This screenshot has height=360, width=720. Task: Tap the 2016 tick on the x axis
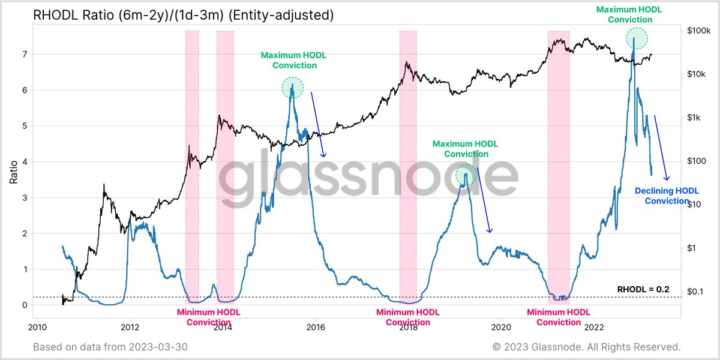click(x=316, y=327)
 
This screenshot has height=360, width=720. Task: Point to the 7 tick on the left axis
click(x=25, y=55)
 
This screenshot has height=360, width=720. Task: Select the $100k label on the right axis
click(x=698, y=31)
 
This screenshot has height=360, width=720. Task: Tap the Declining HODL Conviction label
click(x=667, y=196)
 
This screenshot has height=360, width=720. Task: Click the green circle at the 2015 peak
click(x=292, y=88)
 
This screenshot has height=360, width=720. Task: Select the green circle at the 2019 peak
click(x=465, y=175)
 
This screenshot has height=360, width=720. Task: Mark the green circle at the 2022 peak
click(x=637, y=38)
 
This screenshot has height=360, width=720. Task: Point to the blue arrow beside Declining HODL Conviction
click(x=661, y=147)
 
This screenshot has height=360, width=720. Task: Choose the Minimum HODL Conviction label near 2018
click(x=407, y=317)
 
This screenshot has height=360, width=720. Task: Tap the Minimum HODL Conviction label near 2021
click(x=558, y=317)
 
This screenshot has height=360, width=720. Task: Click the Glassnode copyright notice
click(x=586, y=347)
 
